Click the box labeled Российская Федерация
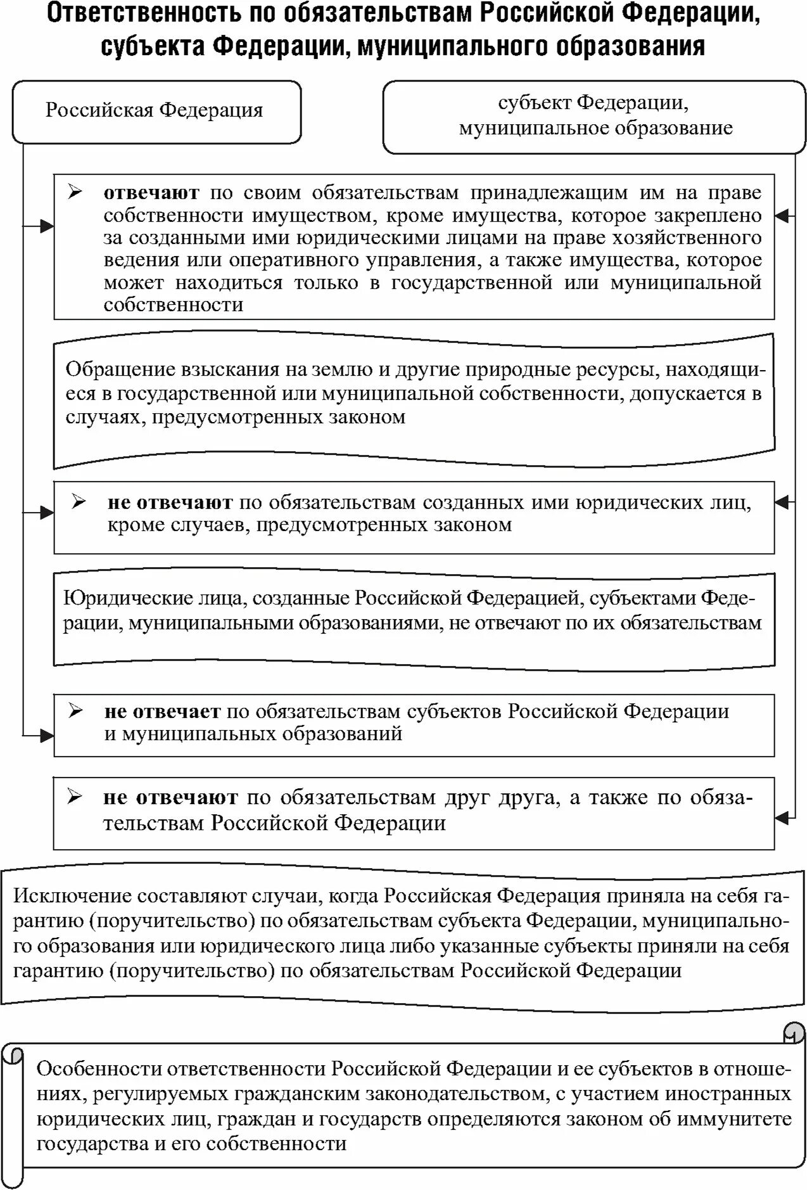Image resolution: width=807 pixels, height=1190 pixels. (156, 112)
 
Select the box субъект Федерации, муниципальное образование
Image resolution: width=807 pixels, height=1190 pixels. (594, 116)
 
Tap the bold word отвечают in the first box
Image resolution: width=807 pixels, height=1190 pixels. (151, 193)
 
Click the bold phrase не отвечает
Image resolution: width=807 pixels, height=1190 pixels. (162, 712)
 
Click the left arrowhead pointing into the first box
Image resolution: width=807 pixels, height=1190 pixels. (48, 226)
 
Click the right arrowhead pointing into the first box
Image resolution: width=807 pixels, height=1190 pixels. (782, 216)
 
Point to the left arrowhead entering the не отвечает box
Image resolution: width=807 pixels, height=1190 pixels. (48, 736)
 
